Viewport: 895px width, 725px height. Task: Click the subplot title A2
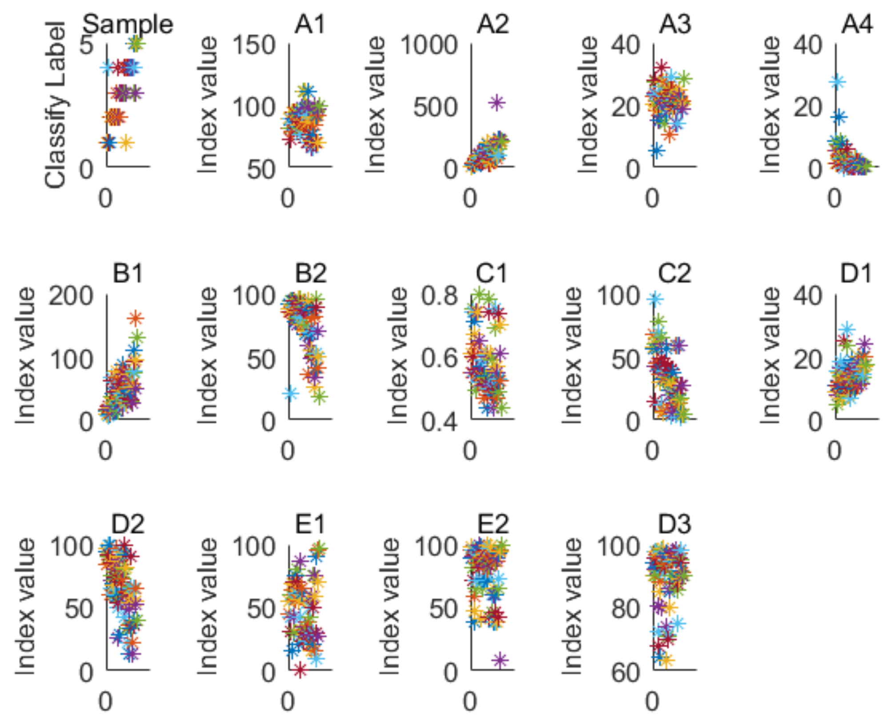click(493, 24)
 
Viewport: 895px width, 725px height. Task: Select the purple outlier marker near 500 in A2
click(497, 103)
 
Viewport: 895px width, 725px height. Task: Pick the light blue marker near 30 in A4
click(837, 82)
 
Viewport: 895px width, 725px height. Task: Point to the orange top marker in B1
click(136, 318)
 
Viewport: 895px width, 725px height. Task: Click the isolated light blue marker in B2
click(291, 393)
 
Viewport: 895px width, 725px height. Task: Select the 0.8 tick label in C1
click(439, 296)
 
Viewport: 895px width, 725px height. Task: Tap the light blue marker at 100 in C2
click(654, 299)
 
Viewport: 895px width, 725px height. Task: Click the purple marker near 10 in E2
click(500, 660)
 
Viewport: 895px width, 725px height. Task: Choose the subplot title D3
click(674, 525)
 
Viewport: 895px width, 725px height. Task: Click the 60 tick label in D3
click(625, 673)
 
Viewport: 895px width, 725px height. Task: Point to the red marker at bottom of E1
click(300, 669)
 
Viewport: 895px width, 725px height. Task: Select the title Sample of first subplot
click(128, 24)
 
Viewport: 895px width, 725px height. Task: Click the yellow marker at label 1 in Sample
click(126, 143)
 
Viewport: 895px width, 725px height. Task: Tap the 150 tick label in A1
click(254, 45)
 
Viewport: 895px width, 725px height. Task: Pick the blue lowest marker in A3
click(656, 151)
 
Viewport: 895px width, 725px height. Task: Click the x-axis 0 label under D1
click(834, 450)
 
